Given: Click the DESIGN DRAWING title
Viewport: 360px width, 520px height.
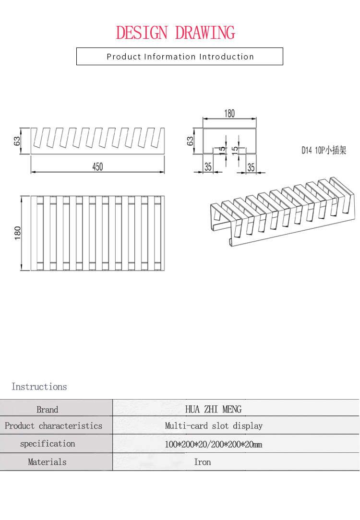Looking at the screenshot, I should (176, 33).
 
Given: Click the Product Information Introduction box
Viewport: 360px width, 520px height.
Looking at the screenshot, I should (180, 57).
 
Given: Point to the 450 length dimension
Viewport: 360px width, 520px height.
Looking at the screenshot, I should (97, 166).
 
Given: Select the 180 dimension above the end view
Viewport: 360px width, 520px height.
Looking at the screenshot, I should (229, 114).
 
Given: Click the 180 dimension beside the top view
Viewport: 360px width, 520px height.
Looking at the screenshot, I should (18, 233).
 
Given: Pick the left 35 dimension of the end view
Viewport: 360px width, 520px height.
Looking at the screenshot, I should (208, 167).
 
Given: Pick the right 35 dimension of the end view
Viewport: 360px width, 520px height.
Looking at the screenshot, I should (251, 167).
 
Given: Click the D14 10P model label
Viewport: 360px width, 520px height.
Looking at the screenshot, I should (324, 150).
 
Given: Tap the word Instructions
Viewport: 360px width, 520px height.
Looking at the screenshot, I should (39, 387).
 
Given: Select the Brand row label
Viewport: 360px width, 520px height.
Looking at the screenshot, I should (47, 410).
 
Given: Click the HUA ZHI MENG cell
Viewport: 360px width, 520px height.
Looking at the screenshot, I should (213, 409).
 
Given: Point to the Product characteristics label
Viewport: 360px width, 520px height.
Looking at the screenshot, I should (53, 426).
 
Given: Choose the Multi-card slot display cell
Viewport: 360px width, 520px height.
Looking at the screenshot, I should (214, 426).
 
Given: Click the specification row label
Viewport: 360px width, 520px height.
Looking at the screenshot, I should (48, 444).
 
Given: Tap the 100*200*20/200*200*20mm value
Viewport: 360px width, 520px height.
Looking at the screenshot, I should (213, 444).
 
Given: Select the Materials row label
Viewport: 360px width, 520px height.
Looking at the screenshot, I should (47, 462).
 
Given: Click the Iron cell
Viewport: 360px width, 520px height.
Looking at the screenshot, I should (202, 462).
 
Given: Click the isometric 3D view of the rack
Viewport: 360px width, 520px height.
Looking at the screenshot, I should (283, 211).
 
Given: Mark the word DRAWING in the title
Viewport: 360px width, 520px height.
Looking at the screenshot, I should (205, 33).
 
